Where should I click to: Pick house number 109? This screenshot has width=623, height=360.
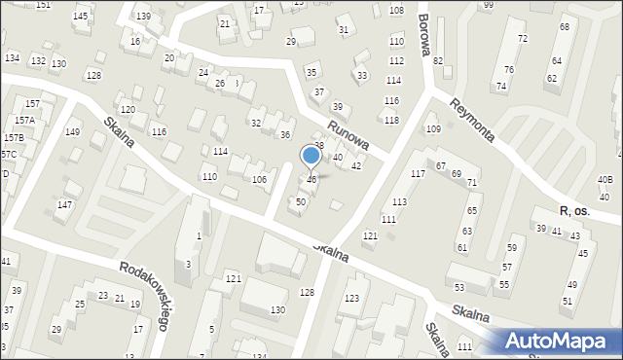(x=433, y=129)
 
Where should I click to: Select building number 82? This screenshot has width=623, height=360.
(x=438, y=61)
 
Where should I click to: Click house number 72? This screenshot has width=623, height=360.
(x=522, y=38)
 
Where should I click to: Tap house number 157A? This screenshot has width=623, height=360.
(x=24, y=121)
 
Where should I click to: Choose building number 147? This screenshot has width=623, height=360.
(x=64, y=204)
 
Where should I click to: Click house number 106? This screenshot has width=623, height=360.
(x=259, y=180)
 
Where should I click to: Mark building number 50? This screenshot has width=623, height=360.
(x=301, y=201)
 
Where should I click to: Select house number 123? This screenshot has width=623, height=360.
(x=351, y=298)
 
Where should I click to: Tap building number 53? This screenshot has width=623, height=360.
(x=459, y=287)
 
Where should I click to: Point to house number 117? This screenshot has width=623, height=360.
(x=418, y=173)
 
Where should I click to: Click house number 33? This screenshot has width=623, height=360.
(x=362, y=75)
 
